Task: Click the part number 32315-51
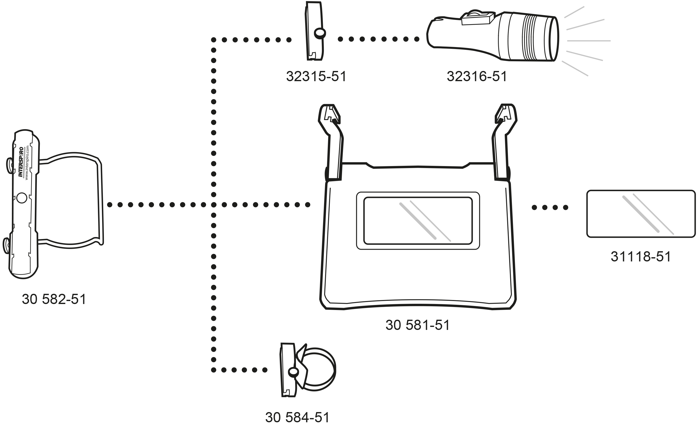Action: (316, 76)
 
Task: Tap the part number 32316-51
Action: (477, 76)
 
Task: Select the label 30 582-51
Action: (54, 299)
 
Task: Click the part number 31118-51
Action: (641, 256)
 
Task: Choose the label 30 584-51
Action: (297, 418)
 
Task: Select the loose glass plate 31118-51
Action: (641, 214)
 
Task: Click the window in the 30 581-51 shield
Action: (418, 221)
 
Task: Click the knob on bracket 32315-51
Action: (320, 33)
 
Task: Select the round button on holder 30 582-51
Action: (22, 198)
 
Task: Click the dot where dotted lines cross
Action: (214, 204)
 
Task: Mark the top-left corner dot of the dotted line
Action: (214, 40)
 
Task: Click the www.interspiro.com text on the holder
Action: (27, 163)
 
